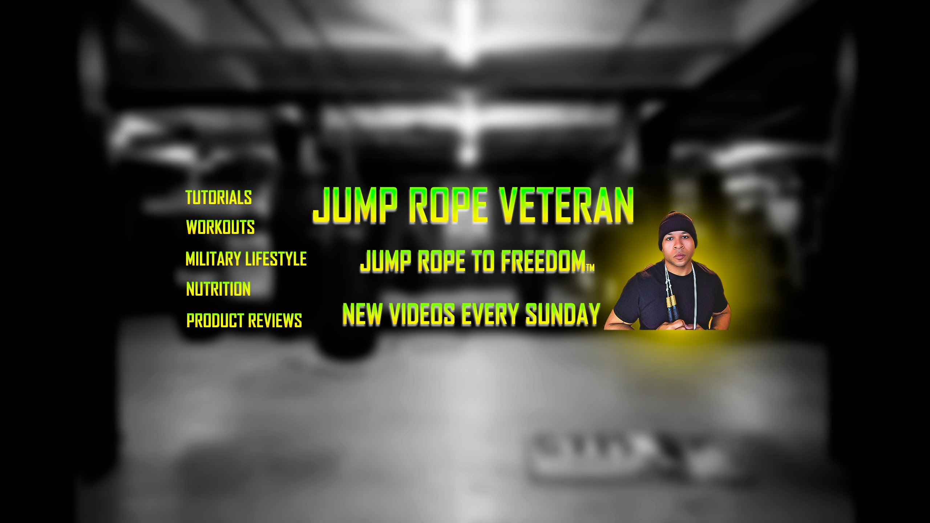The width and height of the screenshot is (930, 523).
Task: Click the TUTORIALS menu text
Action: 219,198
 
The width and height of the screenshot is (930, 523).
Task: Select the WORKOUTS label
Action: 221,227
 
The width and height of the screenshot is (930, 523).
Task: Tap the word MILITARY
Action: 214,259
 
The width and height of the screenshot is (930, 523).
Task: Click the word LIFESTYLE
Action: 276,259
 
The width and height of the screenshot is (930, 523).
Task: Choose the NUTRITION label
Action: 218,289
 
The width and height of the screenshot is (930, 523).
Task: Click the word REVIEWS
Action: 275,320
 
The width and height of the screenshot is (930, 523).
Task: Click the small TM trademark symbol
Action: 590,268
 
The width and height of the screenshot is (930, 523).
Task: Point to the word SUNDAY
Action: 563,314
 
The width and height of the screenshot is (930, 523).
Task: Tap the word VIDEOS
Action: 422,314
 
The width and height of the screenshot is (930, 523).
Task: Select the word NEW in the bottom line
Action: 363,314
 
